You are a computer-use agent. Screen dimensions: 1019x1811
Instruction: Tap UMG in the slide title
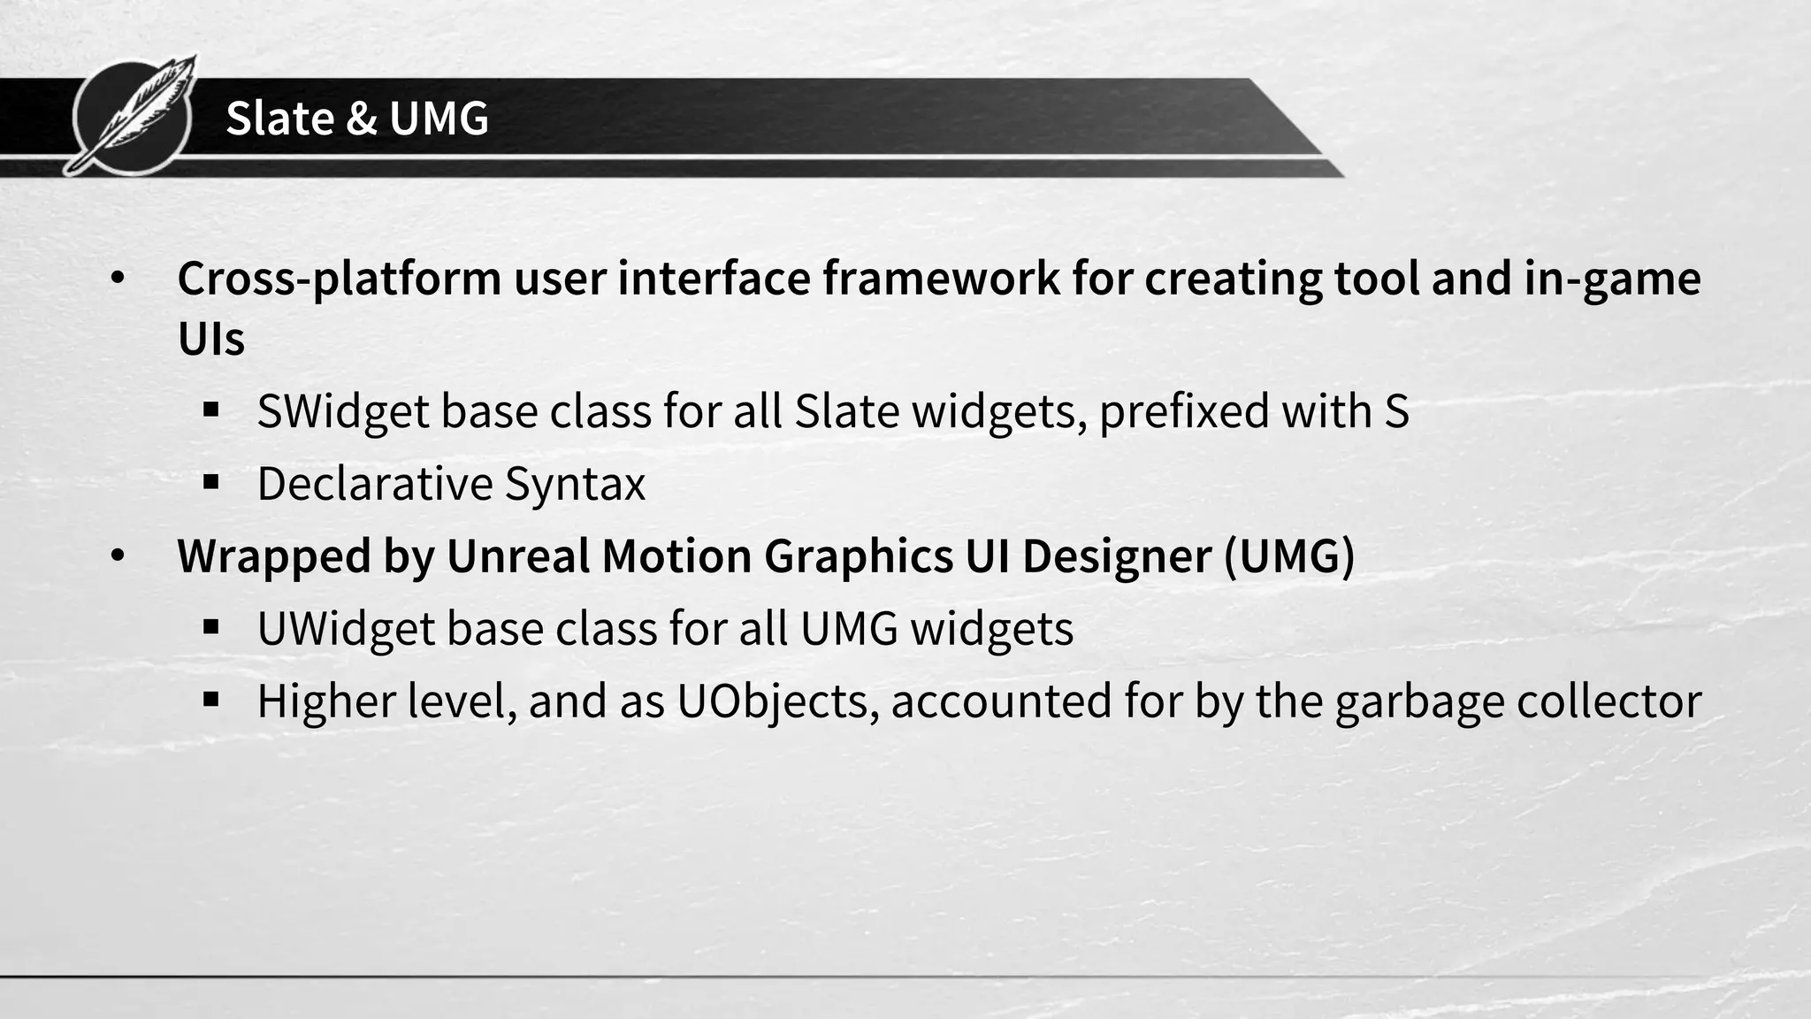439,118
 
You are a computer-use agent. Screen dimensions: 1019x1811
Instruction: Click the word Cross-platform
340,279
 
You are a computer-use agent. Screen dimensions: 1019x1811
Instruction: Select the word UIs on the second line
210,339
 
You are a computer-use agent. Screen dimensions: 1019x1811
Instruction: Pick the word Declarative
374,485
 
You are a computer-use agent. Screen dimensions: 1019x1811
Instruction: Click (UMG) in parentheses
1289,556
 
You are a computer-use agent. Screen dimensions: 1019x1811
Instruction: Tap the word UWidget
345,629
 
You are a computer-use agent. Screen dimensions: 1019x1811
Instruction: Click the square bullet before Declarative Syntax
210,483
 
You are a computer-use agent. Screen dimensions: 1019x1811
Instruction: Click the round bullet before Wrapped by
118,556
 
